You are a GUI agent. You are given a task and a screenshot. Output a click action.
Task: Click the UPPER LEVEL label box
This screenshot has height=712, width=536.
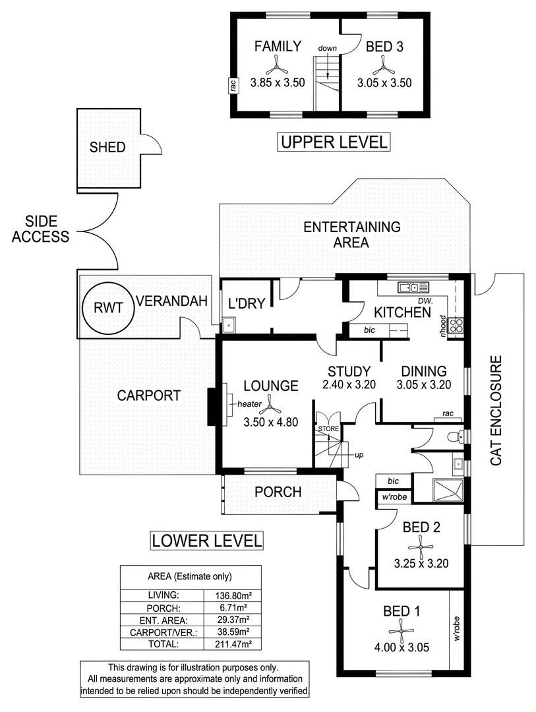(334, 142)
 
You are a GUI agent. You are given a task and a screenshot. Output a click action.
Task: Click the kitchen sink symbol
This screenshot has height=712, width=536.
(414, 287)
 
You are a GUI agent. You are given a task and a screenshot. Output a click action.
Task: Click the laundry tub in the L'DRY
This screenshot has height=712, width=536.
(229, 324)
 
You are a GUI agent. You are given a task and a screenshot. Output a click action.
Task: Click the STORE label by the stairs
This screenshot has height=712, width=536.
(328, 429)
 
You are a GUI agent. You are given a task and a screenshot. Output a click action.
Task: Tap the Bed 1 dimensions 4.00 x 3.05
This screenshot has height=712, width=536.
(402, 647)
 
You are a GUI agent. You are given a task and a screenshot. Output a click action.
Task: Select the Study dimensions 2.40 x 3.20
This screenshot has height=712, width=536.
(349, 385)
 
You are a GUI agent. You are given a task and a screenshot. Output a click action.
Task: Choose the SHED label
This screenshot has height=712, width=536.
(107, 147)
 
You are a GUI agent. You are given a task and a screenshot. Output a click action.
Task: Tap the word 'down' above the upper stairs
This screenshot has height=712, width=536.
(327, 49)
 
